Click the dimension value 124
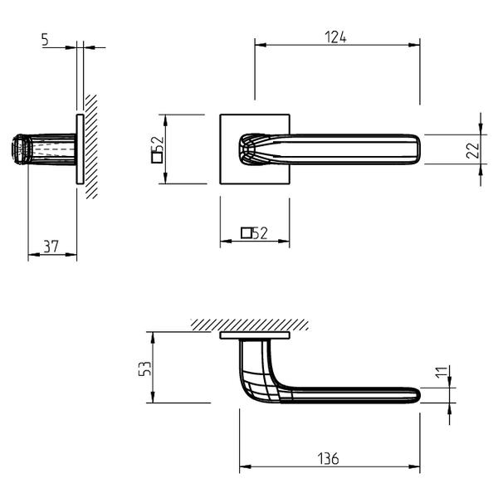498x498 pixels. point(335,37)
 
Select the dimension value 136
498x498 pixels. point(328,459)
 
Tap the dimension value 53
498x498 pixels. point(144,369)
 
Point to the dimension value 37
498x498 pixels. point(51,247)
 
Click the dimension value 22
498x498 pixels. point(472,150)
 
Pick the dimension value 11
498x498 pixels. point(442,372)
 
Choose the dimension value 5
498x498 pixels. point(45,39)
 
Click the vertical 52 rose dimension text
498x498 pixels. point(158,144)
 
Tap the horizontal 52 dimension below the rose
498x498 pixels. point(260,233)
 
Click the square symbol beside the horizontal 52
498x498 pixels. point(247,233)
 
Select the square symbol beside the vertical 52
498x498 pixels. point(157,158)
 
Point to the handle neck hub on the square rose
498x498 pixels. point(251,149)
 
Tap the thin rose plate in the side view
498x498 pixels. point(80,149)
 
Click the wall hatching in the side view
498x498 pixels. point(91,147)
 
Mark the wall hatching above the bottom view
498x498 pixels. point(250,325)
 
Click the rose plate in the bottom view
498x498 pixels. point(255,335)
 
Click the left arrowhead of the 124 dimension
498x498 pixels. point(261,45)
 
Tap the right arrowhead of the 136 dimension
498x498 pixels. point(414,466)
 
